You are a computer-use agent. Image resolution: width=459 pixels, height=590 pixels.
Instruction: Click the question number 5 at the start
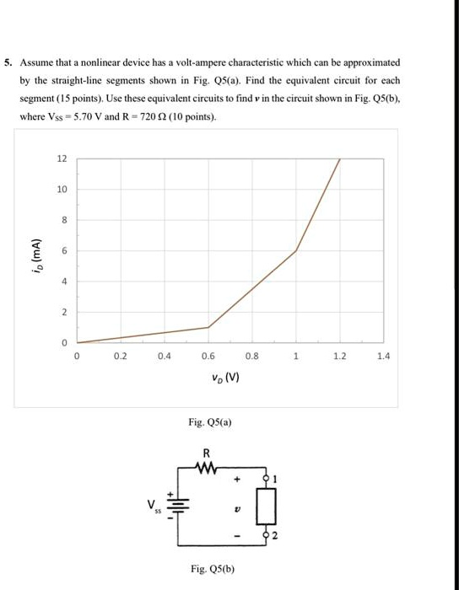[x=9, y=63]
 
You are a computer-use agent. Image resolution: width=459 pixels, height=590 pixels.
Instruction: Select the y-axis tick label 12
[x=61, y=159]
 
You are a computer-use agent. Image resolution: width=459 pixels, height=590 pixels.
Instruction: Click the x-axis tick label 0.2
[x=121, y=357]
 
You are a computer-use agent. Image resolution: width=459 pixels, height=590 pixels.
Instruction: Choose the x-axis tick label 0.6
[x=208, y=357]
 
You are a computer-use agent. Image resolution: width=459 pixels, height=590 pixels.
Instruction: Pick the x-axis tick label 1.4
[x=384, y=357]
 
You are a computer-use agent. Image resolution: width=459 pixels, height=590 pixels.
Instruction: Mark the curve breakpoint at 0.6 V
[x=208, y=327]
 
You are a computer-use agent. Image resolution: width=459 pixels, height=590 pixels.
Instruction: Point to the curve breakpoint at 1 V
[x=296, y=251]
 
